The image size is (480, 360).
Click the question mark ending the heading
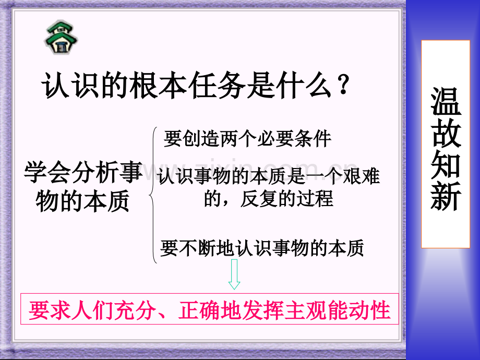343,86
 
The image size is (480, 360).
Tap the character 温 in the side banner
446,101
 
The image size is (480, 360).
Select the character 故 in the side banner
446,133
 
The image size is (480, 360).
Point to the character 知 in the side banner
446,164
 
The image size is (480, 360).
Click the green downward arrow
234,275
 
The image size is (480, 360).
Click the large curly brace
153,195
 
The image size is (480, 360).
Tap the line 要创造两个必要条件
248,139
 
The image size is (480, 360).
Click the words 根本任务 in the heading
198,86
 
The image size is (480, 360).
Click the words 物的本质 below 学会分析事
83,202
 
